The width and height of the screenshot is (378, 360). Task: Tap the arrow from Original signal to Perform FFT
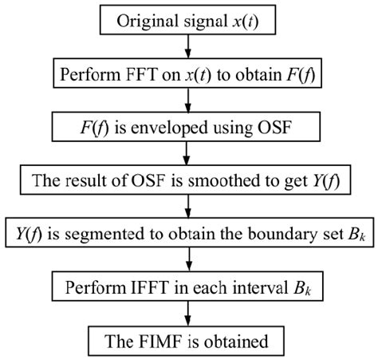click(188, 45)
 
